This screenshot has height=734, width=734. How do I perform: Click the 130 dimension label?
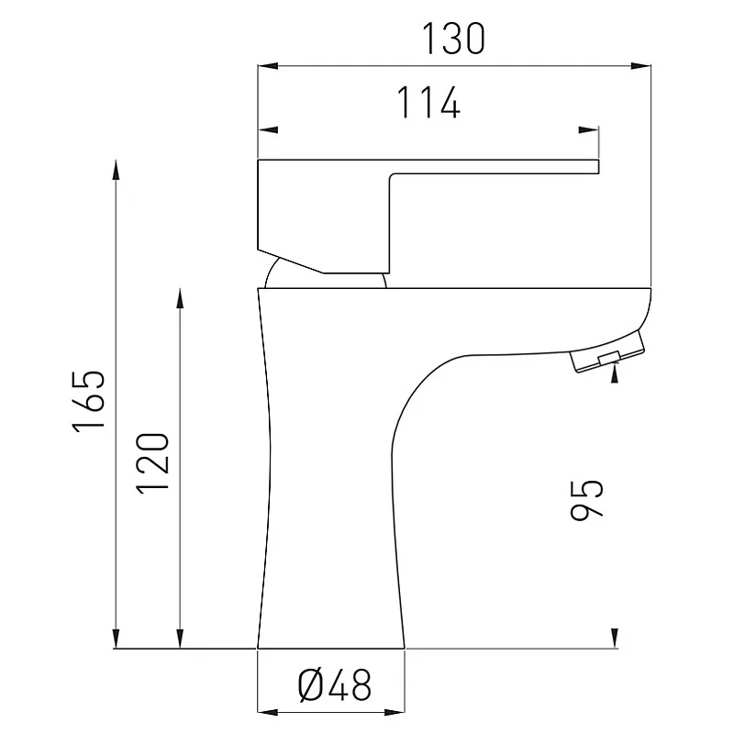point(453,39)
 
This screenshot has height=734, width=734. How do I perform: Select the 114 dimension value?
point(428,103)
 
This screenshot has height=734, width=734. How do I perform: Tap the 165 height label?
point(88,400)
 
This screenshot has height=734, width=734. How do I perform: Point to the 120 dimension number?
point(152,463)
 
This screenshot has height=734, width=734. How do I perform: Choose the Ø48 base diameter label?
point(335,685)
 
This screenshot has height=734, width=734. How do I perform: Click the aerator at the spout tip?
point(607,352)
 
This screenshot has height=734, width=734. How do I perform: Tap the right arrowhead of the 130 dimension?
point(640,66)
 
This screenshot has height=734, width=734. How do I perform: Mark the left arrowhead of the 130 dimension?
point(268,66)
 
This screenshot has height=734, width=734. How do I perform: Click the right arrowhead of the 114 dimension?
point(588,129)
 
